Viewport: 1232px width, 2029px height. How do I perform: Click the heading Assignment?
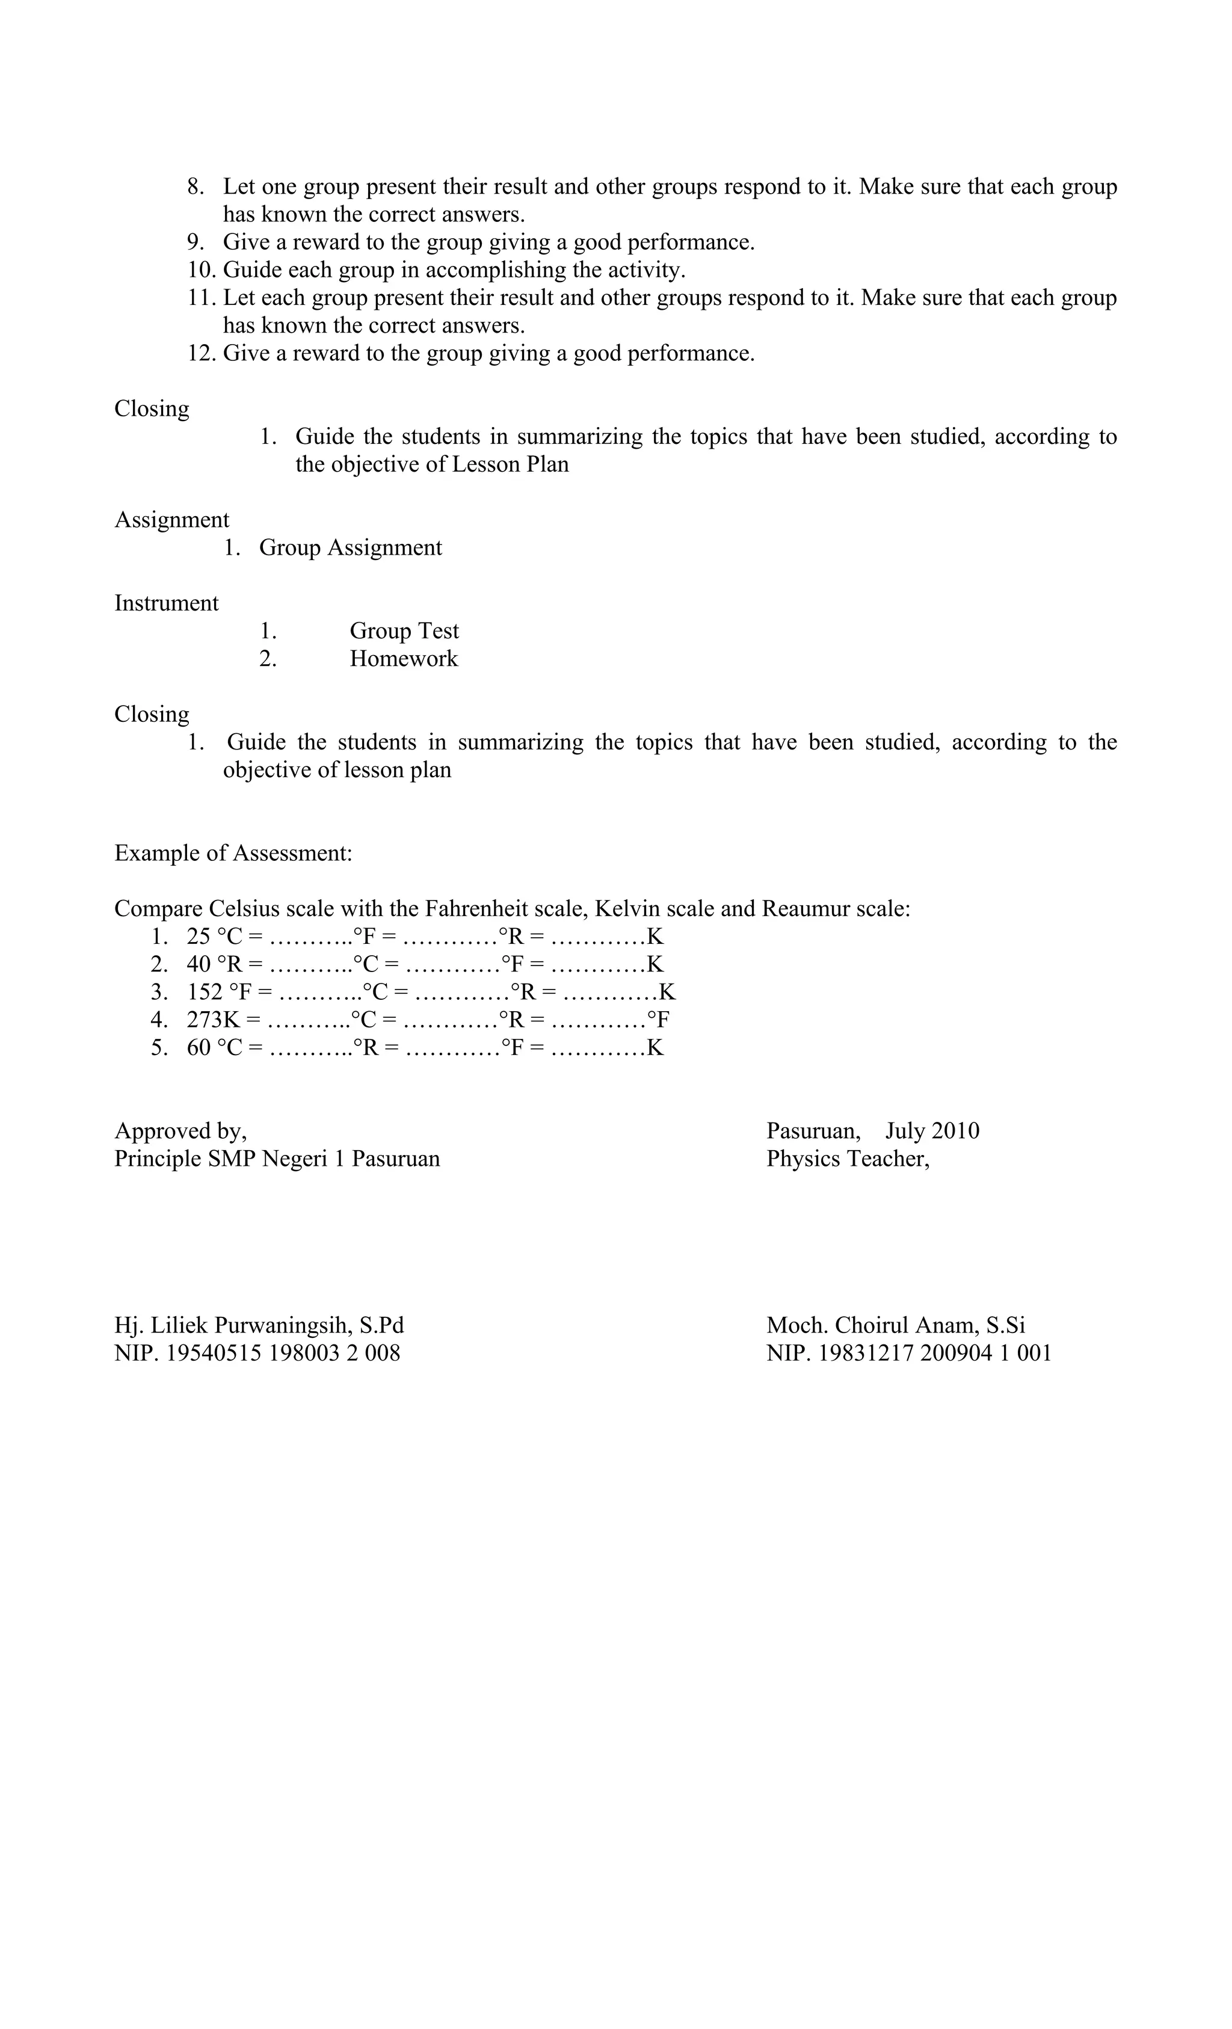171,520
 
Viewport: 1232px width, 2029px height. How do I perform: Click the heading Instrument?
167,603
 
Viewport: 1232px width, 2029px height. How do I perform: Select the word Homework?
404,659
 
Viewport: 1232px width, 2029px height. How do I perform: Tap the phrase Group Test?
404,631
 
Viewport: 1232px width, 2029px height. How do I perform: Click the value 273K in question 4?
214,1020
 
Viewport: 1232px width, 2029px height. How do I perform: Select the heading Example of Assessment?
233,853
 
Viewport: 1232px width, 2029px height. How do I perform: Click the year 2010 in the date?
956,1131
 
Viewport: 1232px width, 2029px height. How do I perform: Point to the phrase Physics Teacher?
848,1159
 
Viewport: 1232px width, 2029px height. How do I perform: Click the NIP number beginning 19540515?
283,1353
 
